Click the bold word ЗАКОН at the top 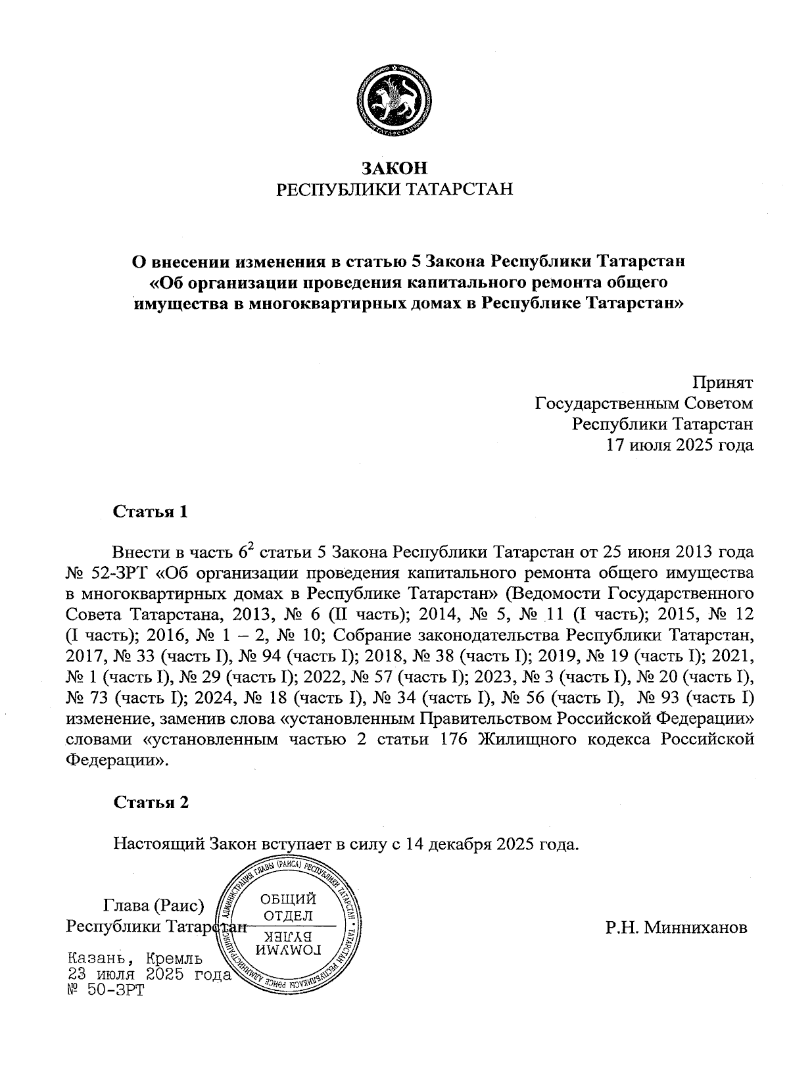pyautogui.click(x=395, y=168)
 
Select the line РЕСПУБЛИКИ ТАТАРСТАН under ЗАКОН pyautogui.click(x=395, y=190)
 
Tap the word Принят pyautogui.click(x=723, y=382)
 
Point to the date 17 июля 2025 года pyautogui.click(x=679, y=445)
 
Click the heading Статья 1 pyautogui.click(x=151, y=512)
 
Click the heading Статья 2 pyautogui.click(x=151, y=803)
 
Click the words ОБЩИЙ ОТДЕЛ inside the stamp pyautogui.click(x=287, y=907)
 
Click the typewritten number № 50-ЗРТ pyautogui.click(x=105, y=990)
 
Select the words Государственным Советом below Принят pyautogui.click(x=644, y=403)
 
